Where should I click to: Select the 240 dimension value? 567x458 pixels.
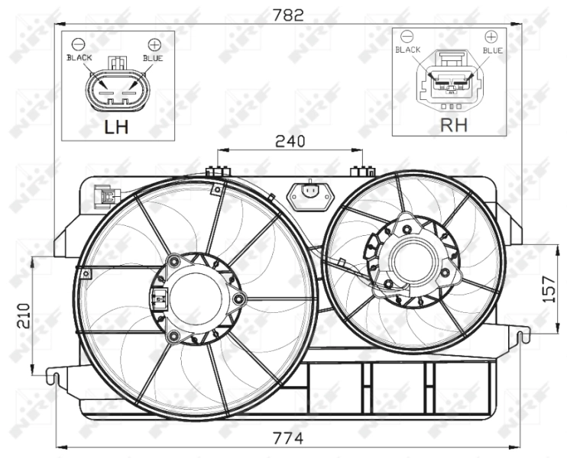(x=290, y=140)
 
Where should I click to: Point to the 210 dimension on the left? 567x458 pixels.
(x=24, y=314)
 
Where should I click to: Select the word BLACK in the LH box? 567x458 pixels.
(x=79, y=57)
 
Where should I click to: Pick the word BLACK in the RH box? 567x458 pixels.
(x=408, y=50)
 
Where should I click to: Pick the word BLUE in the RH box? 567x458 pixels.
(x=492, y=50)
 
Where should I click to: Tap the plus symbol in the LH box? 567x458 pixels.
(x=154, y=44)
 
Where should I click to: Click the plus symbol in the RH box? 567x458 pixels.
(x=491, y=36)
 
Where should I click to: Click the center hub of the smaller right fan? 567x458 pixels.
(x=413, y=259)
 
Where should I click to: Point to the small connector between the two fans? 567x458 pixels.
(x=309, y=193)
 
